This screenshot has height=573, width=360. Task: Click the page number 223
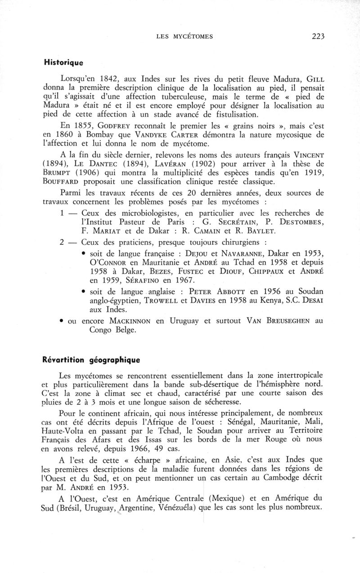318,37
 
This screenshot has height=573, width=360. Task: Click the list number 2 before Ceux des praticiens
62,242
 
